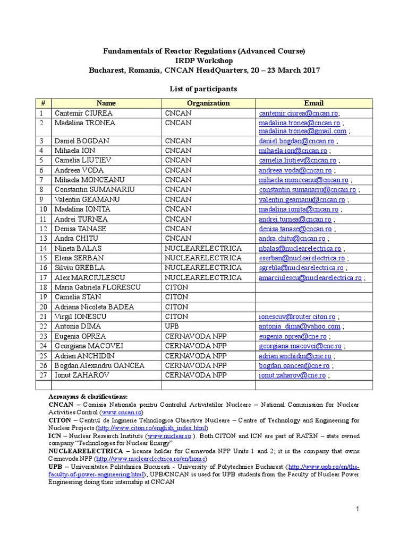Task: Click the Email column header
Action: pos(313,103)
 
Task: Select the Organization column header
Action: pos(208,103)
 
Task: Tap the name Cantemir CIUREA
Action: pos(83,113)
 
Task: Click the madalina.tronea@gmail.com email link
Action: pos(302,131)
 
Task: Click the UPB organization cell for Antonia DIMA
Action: pos(172,326)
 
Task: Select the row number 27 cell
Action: pos(42,375)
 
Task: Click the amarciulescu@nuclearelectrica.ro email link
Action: pos(310,277)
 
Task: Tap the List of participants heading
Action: pos(203,89)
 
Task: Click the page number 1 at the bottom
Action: pos(358,509)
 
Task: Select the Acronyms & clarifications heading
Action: pos(88,396)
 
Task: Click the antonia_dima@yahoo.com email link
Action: pos(300,327)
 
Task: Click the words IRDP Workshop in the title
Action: pos(203,61)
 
